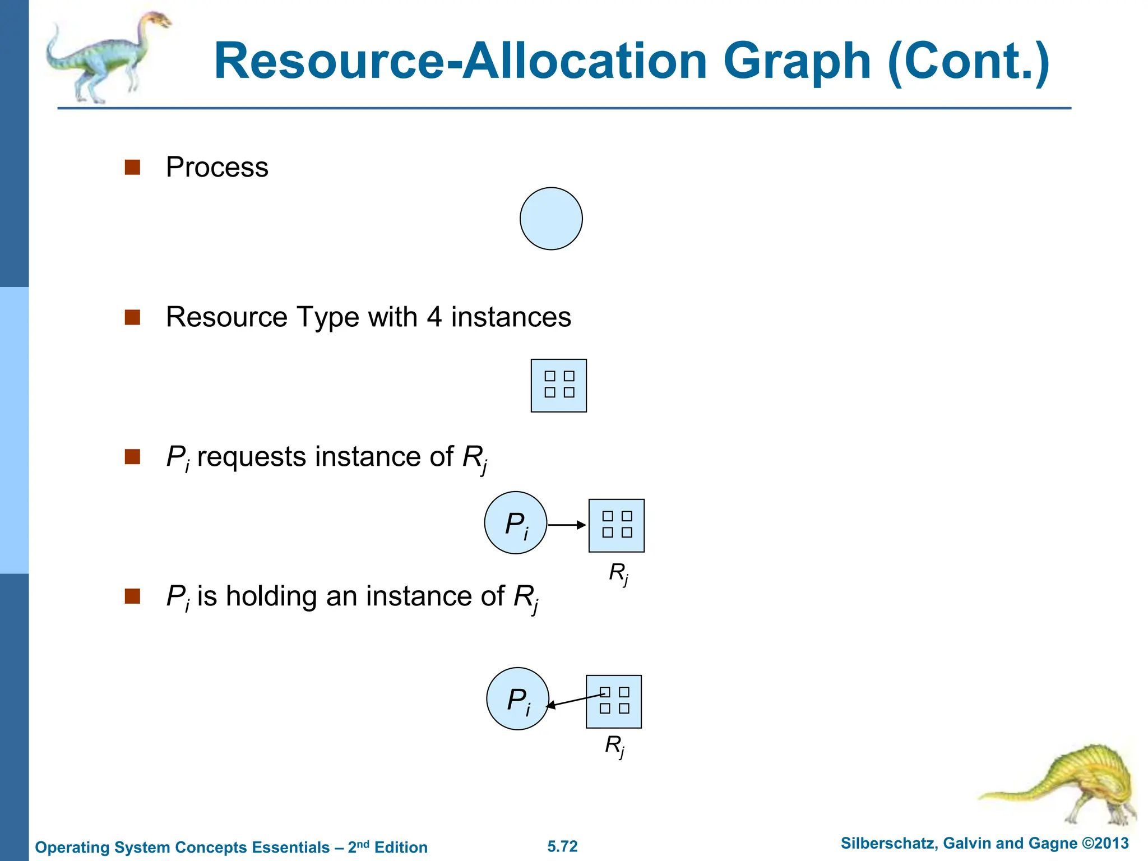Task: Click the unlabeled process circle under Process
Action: click(x=551, y=219)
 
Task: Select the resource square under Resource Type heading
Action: click(x=558, y=386)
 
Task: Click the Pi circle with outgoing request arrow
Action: click(x=515, y=523)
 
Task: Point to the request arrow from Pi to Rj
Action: click(x=566, y=525)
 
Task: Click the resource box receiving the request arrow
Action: click(x=617, y=526)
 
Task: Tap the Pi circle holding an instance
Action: click(x=517, y=698)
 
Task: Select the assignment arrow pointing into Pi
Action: click(x=575, y=701)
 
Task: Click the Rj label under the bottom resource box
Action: click(x=615, y=746)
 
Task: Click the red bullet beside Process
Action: click(x=132, y=167)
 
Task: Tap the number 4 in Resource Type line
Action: click(x=434, y=317)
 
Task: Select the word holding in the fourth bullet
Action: click(x=271, y=596)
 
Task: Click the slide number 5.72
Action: click(x=562, y=846)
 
